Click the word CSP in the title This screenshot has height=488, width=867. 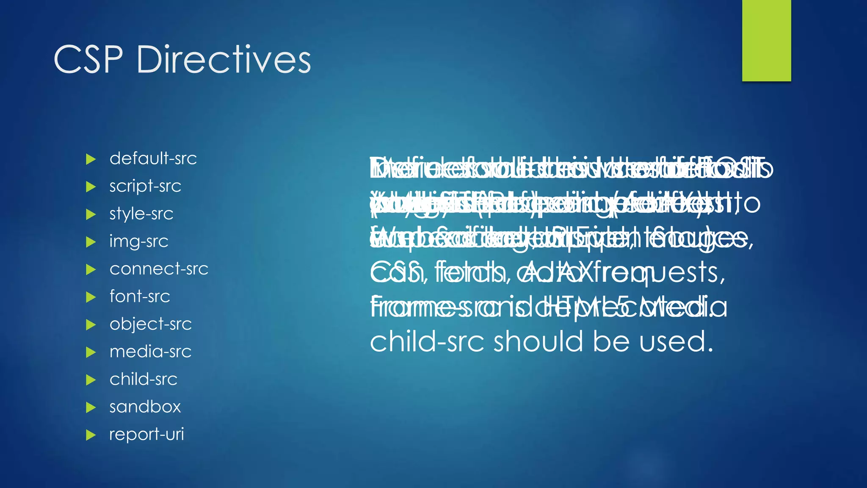88,60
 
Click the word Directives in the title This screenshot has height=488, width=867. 224,60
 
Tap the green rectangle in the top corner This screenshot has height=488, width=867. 766,40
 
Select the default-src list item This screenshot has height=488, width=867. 153,159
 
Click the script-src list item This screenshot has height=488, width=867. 145,186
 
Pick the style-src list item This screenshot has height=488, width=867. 141,214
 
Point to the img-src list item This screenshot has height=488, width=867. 139,241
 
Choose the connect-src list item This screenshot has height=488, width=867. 159,269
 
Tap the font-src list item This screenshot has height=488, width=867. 140,297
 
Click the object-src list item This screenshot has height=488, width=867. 150,324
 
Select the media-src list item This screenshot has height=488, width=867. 150,352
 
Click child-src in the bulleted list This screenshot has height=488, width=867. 143,379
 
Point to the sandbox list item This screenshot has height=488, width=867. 145,407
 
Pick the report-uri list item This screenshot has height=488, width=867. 146,434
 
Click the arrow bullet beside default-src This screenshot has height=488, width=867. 91,160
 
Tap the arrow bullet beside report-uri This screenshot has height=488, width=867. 91,435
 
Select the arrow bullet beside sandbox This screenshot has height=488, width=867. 91,408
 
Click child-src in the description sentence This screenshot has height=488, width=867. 427,341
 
